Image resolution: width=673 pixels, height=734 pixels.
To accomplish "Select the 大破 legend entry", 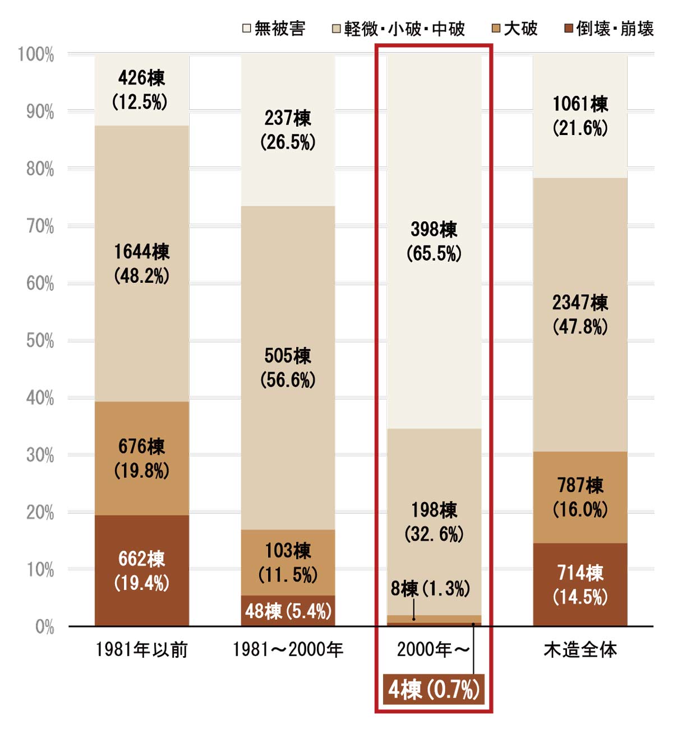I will (514, 29).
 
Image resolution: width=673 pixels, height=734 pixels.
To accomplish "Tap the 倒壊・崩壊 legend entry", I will (609, 29).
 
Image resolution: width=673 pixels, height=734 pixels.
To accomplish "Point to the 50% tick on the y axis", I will (40, 341).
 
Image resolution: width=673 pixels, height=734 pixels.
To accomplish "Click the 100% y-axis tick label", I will (36, 55).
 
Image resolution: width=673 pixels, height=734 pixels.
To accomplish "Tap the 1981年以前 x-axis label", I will (141, 650).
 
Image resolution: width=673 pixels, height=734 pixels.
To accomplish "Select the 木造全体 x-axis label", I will (580, 650).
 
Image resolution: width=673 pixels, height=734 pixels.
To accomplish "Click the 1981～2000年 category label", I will (288, 650).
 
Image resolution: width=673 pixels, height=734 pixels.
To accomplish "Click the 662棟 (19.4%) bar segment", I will (141, 570).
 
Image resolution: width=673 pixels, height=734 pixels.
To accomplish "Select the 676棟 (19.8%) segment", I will (141, 458).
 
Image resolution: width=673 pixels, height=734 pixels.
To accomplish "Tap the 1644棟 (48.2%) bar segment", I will (141, 263).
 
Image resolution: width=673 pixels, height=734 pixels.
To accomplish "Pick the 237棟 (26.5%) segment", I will (288, 130).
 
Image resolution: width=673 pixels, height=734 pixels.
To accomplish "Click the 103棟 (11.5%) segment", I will (288, 562).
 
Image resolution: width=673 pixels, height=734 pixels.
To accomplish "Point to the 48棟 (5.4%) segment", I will (288, 611).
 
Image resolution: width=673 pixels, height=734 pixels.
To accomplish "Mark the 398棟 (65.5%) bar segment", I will (434, 241).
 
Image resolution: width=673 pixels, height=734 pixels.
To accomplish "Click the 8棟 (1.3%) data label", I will (430, 589).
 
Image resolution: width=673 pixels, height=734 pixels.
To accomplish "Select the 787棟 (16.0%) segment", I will (580, 497).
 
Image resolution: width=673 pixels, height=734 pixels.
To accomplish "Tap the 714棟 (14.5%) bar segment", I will (580, 584).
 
